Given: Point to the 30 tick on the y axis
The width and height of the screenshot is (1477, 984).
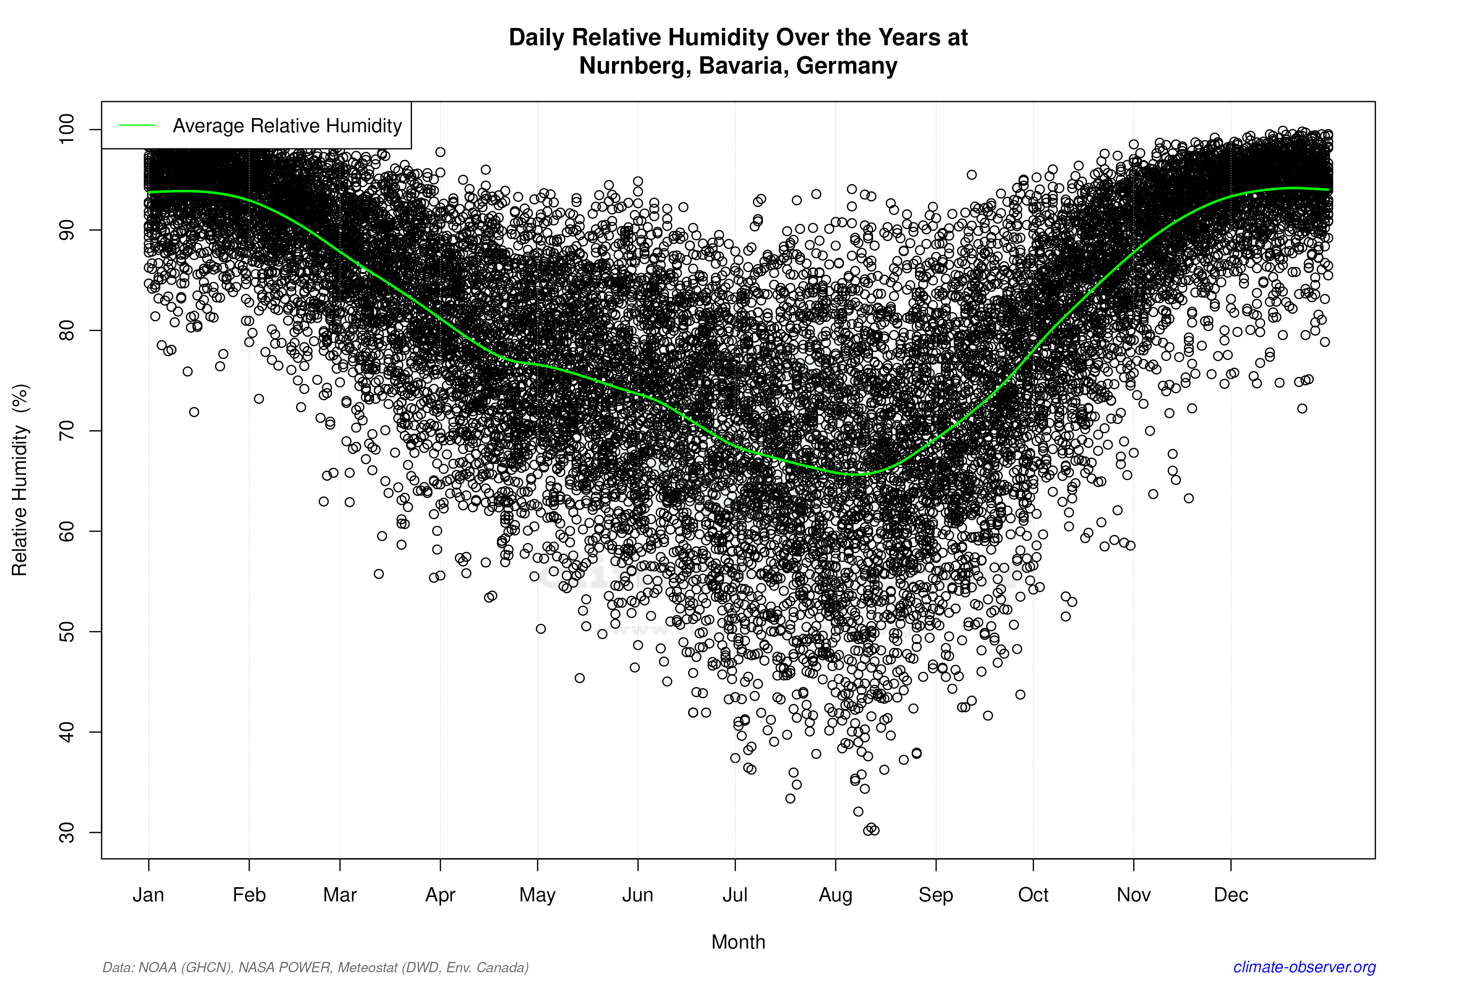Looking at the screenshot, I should (67, 833).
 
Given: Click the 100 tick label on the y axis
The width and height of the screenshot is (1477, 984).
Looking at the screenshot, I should (67, 129).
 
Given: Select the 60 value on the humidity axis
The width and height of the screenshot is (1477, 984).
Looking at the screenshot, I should (67, 531).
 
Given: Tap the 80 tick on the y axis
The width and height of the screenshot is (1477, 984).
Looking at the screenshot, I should (67, 331).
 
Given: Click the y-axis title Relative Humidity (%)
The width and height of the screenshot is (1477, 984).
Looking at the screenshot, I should (20, 480).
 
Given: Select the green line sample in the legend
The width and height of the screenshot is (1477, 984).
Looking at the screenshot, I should (137, 126).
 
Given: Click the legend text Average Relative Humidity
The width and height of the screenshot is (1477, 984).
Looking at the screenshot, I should (287, 126).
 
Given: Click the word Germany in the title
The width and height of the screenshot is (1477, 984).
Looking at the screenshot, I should (846, 65).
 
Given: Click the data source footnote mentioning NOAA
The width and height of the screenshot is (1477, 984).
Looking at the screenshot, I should (315, 967).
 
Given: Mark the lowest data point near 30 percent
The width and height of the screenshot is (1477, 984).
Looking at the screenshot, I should (868, 830).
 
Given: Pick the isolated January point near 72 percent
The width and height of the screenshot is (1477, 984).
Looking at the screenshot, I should (194, 412).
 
